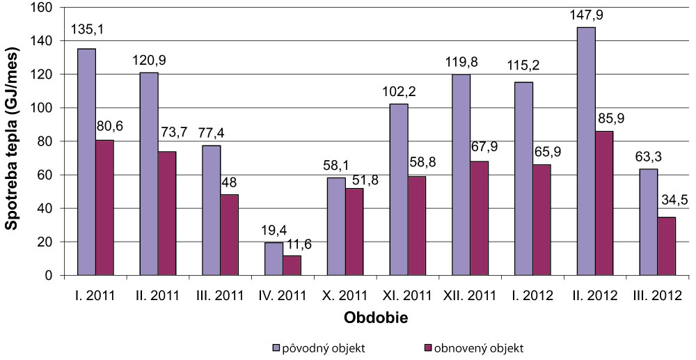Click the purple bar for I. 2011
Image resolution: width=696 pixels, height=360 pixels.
tap(87, 162)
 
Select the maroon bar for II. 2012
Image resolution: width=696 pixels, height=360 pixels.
tap(604, 203)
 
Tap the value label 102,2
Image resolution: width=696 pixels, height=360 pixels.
tap(398, 92)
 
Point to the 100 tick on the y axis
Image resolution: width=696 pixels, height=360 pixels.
tap(45, 108)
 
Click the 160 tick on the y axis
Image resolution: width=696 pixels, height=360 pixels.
tap(45, 8)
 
